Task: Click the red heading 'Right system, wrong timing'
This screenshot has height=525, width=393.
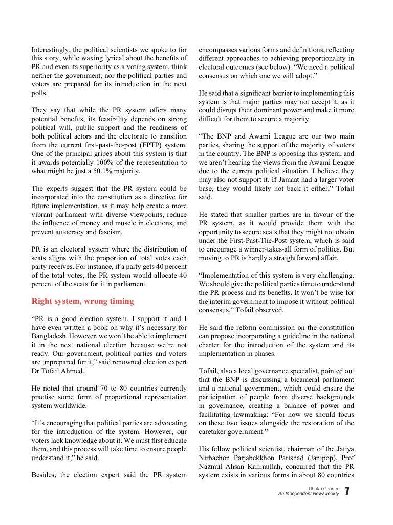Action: click(82, 301)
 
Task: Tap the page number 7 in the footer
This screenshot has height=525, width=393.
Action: click(347, 492)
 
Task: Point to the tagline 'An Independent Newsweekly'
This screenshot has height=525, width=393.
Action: click(309, 494)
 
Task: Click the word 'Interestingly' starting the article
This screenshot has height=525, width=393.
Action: click(51, 50)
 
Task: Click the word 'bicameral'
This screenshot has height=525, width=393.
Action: click(302, 380)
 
